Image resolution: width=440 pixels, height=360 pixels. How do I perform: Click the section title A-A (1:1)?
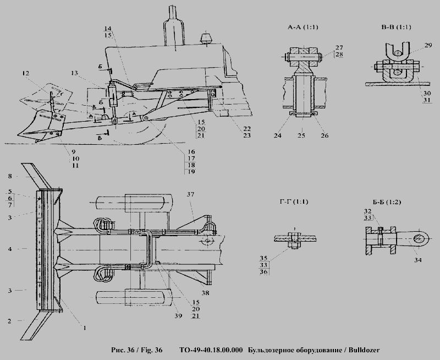303,27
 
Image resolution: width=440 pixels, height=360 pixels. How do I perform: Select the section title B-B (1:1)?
396,27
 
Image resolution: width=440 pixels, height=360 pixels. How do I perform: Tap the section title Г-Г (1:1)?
294,201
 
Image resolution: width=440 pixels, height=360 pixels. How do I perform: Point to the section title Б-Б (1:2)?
387,202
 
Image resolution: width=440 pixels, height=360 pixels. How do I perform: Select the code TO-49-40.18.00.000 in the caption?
211,350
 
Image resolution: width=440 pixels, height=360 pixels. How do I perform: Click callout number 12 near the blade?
25,73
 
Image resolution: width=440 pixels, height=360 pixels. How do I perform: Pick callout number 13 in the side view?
74,73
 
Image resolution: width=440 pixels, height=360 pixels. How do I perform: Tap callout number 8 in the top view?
10,176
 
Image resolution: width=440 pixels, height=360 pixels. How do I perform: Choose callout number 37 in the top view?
190,194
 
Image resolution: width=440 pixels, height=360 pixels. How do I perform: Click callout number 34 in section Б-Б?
418,260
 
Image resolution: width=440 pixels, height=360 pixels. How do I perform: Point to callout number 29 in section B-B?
428,45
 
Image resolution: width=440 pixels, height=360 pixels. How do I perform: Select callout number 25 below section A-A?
301,135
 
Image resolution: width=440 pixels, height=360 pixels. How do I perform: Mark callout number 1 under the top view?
85,328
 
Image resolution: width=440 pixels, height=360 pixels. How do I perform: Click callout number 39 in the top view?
178,315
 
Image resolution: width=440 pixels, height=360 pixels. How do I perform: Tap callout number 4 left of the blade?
10,249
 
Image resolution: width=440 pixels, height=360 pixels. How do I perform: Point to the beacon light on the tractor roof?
207,38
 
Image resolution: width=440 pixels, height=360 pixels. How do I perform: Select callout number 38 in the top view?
205,293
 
